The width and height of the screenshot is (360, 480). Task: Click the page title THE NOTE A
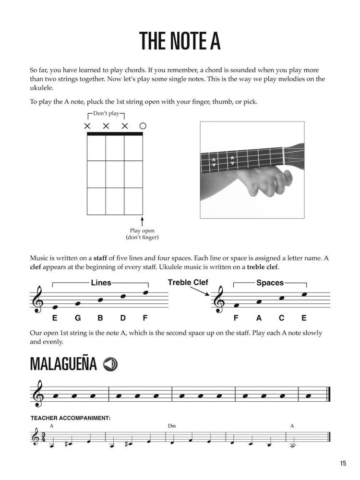click(x=180, y=42)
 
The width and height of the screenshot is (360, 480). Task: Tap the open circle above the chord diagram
click(x=143, y=126)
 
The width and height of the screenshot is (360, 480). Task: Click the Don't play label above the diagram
click(x=106, y=114)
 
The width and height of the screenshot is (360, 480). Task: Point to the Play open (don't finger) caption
click(x=142, y=234)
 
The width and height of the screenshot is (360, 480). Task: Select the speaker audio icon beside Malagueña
click(x=110, y=364)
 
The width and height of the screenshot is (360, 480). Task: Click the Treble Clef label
click(x=188, y=283)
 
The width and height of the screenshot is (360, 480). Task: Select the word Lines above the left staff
click(x=101, y=283)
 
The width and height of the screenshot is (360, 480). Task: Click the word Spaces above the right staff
click(x=270, y=283)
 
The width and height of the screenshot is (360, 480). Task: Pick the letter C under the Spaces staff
click(x=281, y=318)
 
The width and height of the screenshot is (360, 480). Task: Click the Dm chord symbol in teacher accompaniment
click(x=172, y=426)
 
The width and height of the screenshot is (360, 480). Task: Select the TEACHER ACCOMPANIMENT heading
click(x=70, y=418)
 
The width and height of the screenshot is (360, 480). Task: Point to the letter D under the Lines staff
click(x=123, y=318)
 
